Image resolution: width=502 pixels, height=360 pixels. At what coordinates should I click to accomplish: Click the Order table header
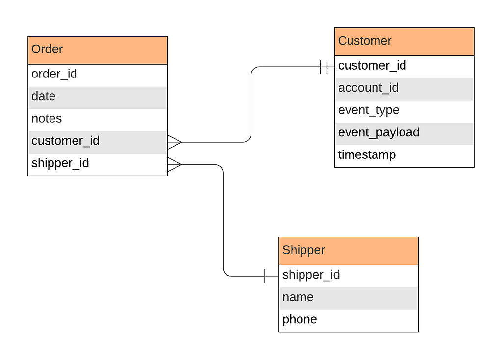98,51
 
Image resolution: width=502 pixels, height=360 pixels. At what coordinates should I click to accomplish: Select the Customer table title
365,41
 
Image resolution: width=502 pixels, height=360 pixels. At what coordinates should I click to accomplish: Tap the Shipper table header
349,251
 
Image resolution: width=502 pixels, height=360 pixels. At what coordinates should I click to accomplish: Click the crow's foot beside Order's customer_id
175,142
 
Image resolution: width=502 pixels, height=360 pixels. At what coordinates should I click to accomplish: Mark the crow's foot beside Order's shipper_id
175,165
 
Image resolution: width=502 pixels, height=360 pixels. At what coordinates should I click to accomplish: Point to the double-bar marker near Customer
324,67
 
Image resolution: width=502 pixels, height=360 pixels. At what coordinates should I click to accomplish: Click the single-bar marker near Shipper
265,276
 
